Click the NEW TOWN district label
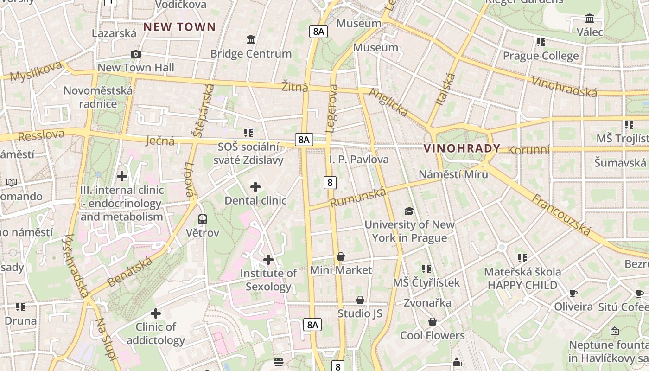point(179,27)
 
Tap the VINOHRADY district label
point(462,148)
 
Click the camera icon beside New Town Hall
point(135,54)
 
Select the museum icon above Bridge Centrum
point(251,39)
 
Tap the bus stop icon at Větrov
point(203,219)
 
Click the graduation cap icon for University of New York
point(409,211)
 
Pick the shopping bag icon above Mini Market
point(341,256)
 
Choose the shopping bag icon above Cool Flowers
point(433,322)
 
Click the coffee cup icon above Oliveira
point(573,293)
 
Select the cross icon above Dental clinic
point(255,187)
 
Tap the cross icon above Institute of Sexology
point(268,260)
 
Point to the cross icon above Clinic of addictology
point(156,313)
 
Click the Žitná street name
point(295,86)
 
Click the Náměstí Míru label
point(453,174)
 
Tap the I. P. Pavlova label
point(359,160)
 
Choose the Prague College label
point(541,56)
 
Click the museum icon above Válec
point(590,19)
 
